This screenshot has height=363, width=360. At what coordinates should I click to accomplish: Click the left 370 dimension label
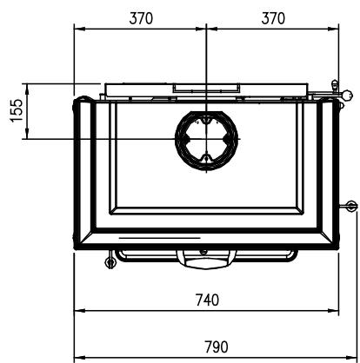[141, 18]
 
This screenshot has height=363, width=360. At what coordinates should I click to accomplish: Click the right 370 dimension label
[273, 18]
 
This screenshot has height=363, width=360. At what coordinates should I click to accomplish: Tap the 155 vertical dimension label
[17, 111]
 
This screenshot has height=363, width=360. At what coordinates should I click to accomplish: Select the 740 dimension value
[207, 300]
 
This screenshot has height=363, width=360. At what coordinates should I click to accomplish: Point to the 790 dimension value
[217, 346]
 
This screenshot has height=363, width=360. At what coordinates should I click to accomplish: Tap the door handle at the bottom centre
[206, 259]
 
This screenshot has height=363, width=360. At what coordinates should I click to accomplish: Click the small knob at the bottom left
[110, 262]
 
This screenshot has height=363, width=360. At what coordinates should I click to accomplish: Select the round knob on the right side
[350, 207]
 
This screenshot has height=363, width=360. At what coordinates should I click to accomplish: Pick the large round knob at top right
[347, 95]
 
